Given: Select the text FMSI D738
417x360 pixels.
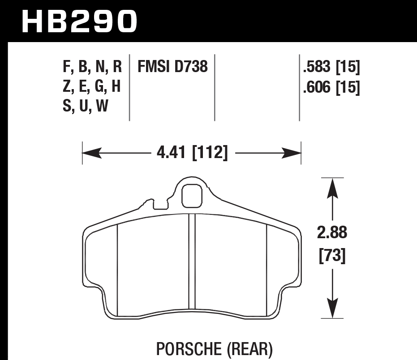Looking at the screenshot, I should point(172,67).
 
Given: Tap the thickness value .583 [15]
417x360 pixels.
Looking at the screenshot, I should point(331,67).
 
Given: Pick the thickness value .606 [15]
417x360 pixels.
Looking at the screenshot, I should point(331,87).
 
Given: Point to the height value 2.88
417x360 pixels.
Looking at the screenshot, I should point(332,233).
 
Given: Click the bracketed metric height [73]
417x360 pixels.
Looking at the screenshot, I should point(332,256).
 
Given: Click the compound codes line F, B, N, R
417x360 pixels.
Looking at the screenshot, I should point(92,67).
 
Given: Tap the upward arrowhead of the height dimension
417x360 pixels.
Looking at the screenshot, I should point(331,186).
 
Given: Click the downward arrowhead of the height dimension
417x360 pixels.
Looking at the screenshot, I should point(331,311).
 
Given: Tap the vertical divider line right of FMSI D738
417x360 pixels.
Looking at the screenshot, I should point(215,87).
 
